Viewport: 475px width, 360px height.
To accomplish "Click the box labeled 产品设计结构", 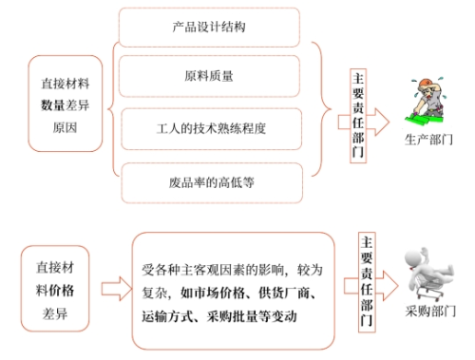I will [x=210, y=26].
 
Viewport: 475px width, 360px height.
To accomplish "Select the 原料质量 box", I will [x=210, y=74].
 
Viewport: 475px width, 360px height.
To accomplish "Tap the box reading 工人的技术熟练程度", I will [x=210, y=126].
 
